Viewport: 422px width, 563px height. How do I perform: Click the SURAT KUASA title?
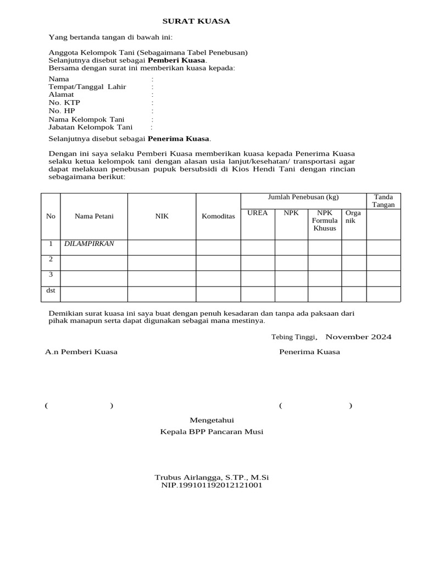196,21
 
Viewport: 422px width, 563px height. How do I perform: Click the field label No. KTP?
64,103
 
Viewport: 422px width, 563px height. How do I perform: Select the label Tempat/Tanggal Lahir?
87,87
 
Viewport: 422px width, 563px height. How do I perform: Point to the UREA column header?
258,213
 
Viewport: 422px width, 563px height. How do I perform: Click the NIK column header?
162,216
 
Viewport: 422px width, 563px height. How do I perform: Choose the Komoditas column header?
218,216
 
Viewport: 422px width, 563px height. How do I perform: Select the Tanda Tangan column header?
384,201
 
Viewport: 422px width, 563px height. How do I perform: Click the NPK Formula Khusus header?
325,220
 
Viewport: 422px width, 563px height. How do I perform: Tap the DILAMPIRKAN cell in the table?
89,244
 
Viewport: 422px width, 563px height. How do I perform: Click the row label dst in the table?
51,290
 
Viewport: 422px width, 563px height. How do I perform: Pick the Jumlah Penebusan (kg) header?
303,197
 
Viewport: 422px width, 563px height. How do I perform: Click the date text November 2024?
358,336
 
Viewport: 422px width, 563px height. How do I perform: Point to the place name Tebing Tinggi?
293,337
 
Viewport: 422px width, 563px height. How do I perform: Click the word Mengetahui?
212,420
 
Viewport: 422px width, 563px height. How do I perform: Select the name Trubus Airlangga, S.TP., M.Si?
212,477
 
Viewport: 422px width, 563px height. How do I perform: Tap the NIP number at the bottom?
212,485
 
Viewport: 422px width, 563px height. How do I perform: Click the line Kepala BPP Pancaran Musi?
212,432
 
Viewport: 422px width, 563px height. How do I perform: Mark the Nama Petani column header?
94,216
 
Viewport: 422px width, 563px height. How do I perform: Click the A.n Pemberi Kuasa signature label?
81,352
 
